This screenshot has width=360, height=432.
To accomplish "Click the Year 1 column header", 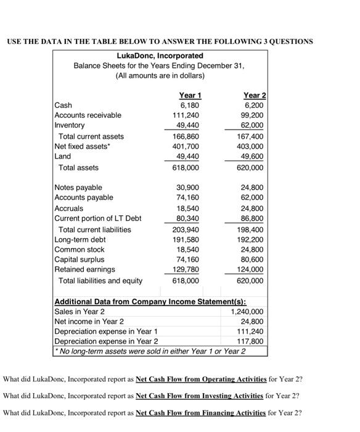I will (190, 95).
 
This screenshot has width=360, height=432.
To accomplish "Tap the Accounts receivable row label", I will (88, 115).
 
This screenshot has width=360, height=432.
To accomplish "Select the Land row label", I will (63, 157).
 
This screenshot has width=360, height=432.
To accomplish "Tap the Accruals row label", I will (69, 209).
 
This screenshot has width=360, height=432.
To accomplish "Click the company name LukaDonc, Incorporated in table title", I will (160, 56).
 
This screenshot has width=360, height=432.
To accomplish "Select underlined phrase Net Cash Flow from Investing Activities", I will (200, 395).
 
